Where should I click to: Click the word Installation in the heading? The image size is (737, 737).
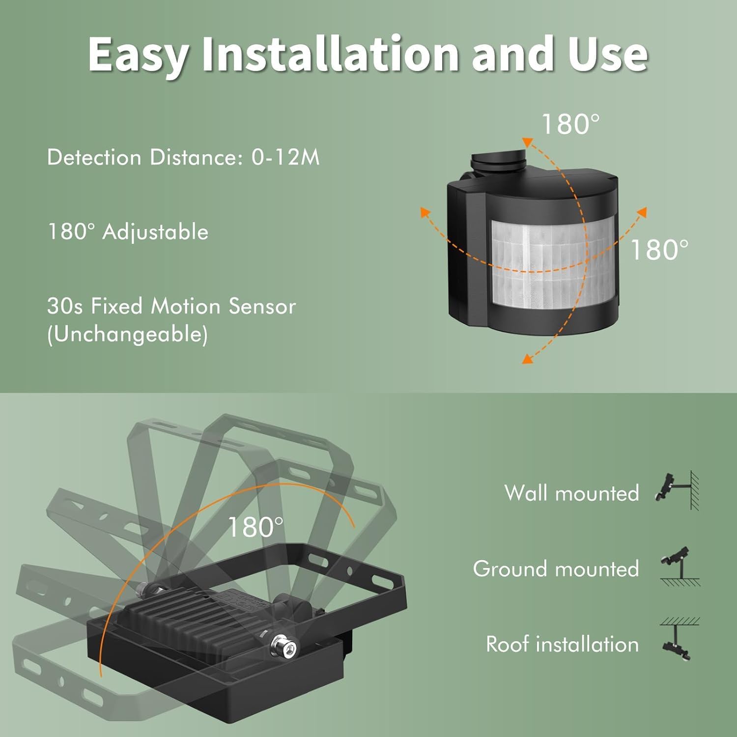tap(330, 54)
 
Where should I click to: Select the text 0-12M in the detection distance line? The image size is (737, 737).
tap(285, 157)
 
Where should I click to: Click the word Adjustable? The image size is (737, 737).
tap(155, 232)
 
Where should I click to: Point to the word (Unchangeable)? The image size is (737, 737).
tap(128, 335)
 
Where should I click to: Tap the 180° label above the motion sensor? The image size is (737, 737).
tap(570, 124)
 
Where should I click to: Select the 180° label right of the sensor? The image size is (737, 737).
tap(659, 250)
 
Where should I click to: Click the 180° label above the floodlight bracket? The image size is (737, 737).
tap(255, 527)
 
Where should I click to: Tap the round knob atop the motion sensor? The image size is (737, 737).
tap(498, 162)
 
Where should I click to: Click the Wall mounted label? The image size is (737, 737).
tap(571, 493)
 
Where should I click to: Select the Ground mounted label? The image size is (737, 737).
tap(556, 569)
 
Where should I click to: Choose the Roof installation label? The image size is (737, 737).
tap(562, 644)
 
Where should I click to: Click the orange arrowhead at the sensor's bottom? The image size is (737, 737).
tap(527, 359)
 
